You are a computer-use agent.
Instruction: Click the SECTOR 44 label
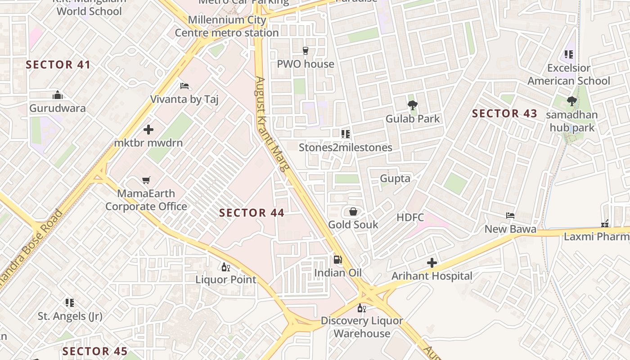pyautogui.click(x=252, y=213)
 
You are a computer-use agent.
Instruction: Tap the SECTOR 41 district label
pyautogui.click(x=58, y=65)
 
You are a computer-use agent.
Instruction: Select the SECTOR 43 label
pyautogui.click(x=504, y=114)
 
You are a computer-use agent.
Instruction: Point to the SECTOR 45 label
pyautogui.click(x=95, y=351)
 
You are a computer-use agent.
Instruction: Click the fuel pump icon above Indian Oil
pyautogui.click(x=337, y=260)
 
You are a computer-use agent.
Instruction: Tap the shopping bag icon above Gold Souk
pyautogui.click(x=353, y=211)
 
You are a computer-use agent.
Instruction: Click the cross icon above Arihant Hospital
pyautogui.click(x=432, y=263)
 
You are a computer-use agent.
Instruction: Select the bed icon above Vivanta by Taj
pyautogui.click(x=184, y=86)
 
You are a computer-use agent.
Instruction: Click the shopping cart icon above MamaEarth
pyautogui.click(x=146, y=180)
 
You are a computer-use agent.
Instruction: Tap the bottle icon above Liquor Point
pyautogui.click(x=226, y=267)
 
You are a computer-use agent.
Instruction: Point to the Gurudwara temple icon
pyautogui.click(x=57, y=95)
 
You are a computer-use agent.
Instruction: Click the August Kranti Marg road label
pyautogui.click(x=271, y=124)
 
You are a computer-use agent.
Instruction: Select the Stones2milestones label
pyautogui.click(x=346, y=148)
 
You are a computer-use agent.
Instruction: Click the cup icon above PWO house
pyautogui.click(x=306, y=51)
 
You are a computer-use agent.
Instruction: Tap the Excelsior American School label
pyautogui.click(x=569, y=74)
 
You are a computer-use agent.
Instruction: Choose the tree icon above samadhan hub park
pyautogui.click(x=572, y=101)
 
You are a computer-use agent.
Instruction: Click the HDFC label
pyautogui.click(x=410, y=218)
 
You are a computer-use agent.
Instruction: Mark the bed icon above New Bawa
pyautogui.click(x=510, y=216)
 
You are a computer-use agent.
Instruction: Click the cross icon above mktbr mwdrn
pyautogui.click(x=148, y=130)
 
